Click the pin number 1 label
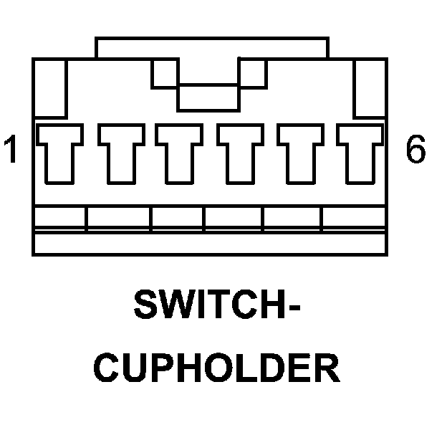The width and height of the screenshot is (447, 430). tap(11, 150)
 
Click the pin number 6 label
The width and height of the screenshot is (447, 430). tap(415, 150)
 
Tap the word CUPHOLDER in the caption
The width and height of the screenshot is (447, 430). tap(218, 368)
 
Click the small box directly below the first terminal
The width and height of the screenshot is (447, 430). tap(60, 219)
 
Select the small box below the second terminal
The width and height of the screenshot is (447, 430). tap(118, 219)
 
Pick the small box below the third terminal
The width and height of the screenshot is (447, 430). tap(178, 219)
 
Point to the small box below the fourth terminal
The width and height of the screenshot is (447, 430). tap(234, 219)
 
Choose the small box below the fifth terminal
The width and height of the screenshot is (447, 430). tap(293, 219)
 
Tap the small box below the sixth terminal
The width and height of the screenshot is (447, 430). tap(354, 219)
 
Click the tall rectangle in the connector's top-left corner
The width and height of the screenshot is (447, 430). tap(50, 87)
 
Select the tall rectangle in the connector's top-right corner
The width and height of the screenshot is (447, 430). tap(370, 87)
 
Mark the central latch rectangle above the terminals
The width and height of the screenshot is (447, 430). tap(208, 97)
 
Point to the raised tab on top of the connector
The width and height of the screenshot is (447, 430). tap(212, 48)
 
